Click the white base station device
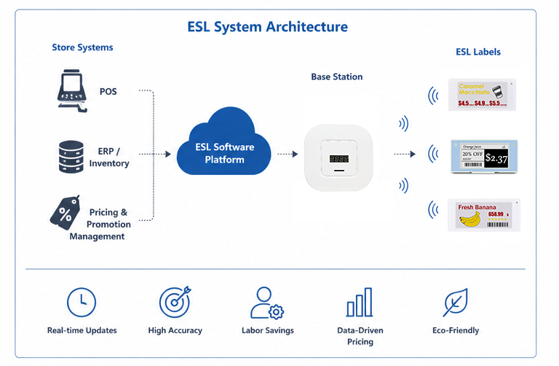[338, 157]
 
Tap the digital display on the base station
[338, 158]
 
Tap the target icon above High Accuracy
[174, 301]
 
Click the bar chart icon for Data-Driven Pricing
[360, 302]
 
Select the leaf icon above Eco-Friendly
[455, 302]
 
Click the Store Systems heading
[82, 48]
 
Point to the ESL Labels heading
[477, 52]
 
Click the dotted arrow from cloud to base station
[288, 154]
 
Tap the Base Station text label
[336, 77]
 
